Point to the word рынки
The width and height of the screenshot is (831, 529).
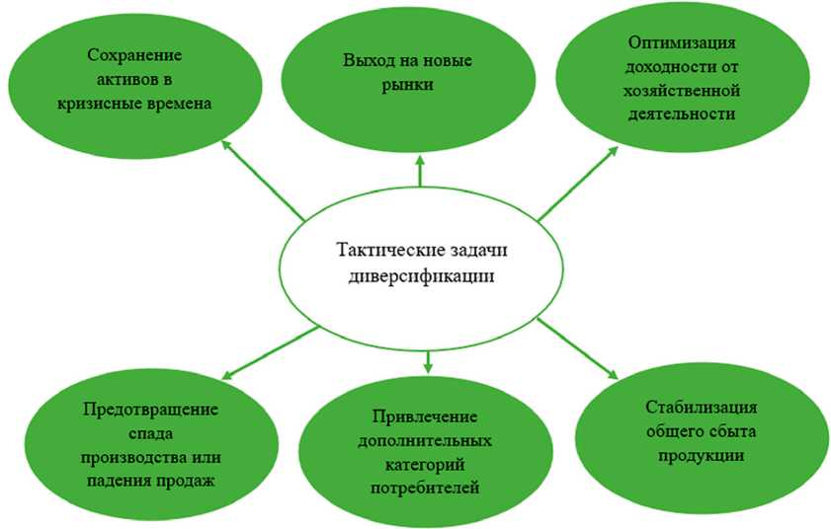pyautogui.click(x=420, y=85)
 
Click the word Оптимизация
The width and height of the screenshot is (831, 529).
pyautogui.click(x=682, y=46)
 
